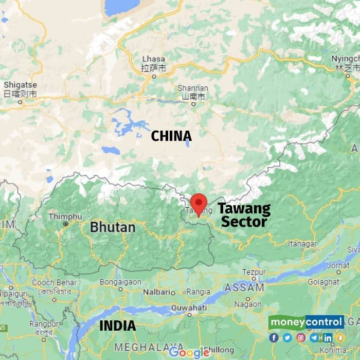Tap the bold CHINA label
click(x=171, y=136)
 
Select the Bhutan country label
click(x=113, y=227)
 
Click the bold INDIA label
click(x=117, y=326)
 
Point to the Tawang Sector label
click(x=244, y=215)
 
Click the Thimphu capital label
click(x=65, y=217)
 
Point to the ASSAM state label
click(x=244, y=287)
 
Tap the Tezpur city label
click(x=254, y=272)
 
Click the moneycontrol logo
click(x=306, y=322)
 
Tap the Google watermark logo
click(x=189, y=352)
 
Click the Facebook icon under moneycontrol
click(x=274, y=338)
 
